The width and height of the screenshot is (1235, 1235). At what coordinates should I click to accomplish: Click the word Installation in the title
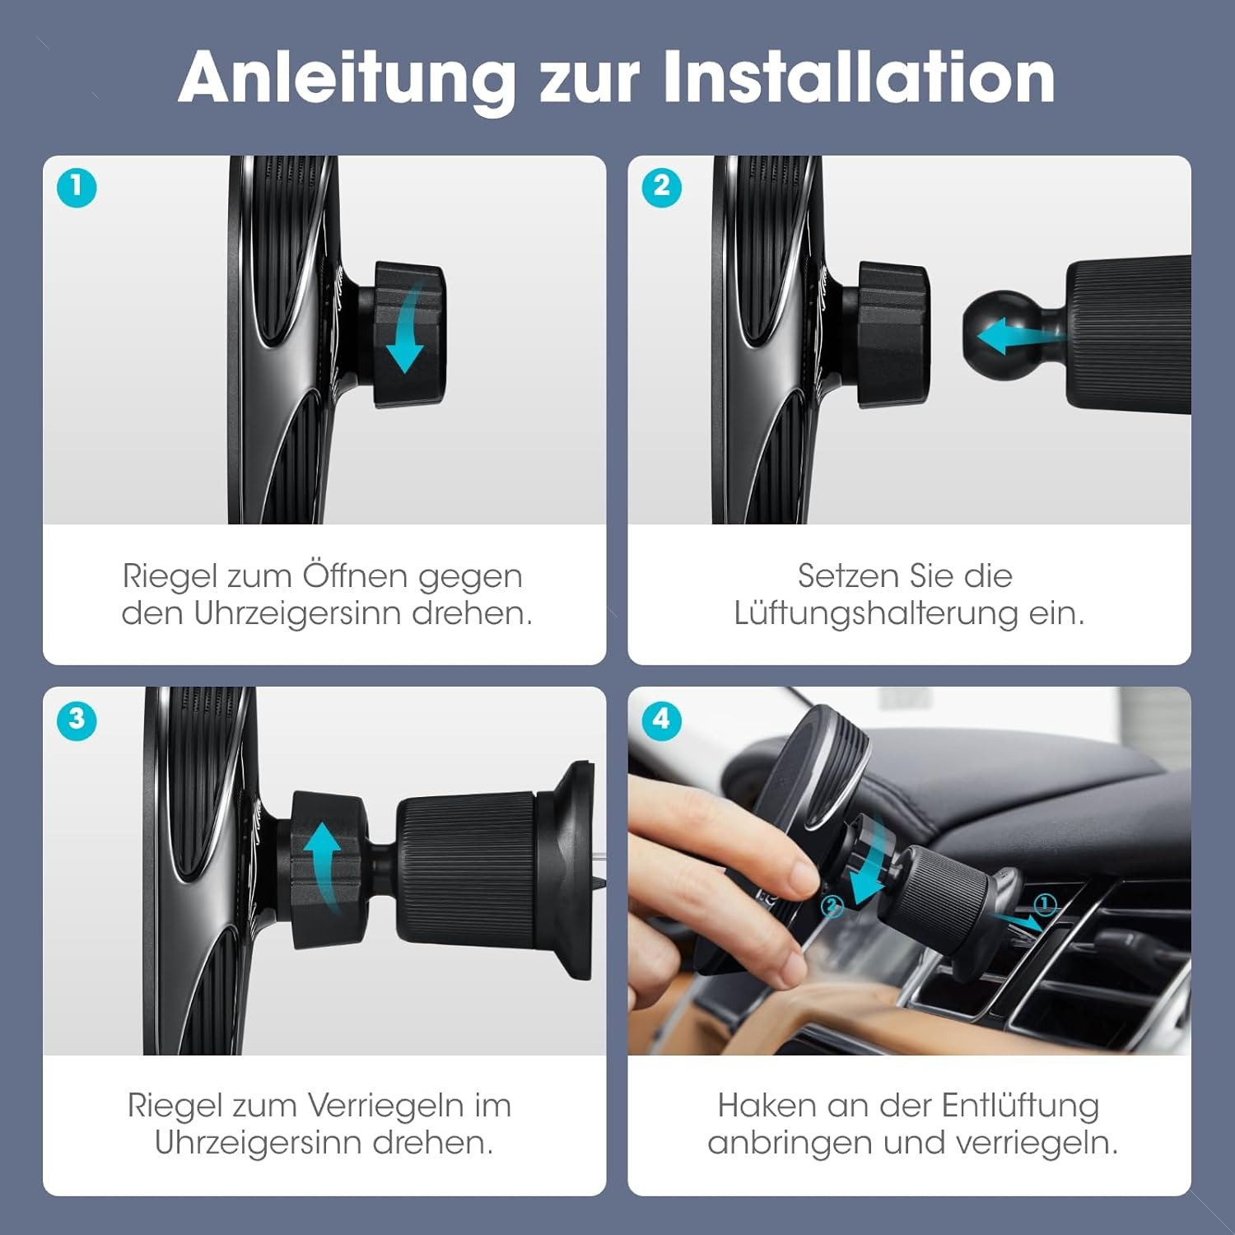[859, 77]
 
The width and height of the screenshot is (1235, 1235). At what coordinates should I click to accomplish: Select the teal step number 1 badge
[77, 188]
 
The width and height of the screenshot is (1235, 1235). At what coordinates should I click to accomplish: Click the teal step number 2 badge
[662, 187]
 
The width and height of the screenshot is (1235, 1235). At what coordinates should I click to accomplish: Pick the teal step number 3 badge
[77, 720]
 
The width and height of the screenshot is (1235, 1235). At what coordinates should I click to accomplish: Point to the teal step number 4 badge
[662, 720]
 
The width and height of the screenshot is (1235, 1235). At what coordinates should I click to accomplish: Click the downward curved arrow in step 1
[408, 329]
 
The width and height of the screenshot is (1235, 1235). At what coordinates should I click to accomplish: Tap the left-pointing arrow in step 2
[1019, 336]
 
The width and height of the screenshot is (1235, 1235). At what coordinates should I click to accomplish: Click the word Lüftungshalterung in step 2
[876, 613]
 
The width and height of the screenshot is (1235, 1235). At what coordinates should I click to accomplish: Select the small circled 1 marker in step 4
[1045, 905]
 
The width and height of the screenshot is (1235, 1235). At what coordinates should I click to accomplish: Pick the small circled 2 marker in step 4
[832, 907]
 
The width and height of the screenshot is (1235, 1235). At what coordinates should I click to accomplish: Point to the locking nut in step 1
[409, 334]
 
